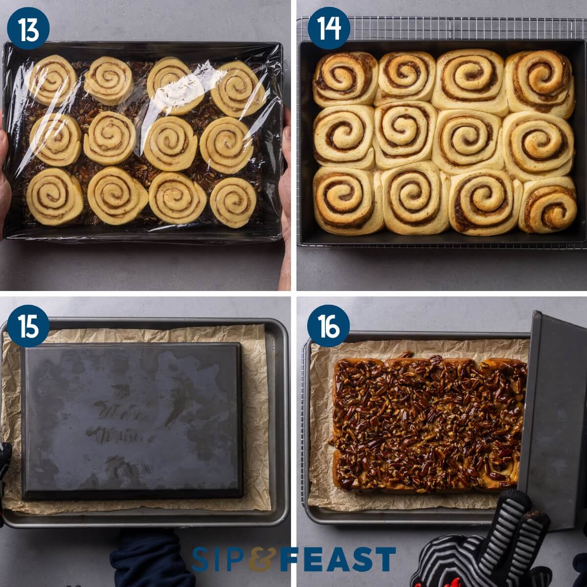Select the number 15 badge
coord(28,326)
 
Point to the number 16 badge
coord(329,326)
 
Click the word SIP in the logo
coord(220,560)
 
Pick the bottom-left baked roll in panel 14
coord(345,201)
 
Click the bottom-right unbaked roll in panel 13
coord(233,202)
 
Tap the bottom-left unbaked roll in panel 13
coord(54,197)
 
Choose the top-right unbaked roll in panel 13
coord(238,88)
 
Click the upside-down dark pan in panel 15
coord(132,421)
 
